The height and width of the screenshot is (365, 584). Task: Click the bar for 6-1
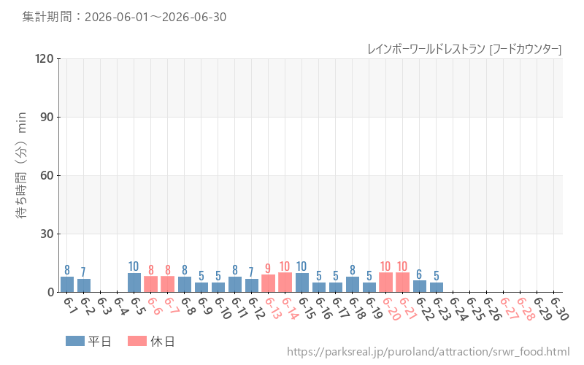[x=67, y=285]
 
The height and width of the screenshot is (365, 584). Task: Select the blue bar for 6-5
[x=134, y=283]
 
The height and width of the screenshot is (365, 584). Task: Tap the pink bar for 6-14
[x=285, y=283]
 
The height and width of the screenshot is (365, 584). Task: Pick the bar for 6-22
[x=420, y=286]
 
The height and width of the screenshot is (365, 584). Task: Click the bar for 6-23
[x=437, y=288]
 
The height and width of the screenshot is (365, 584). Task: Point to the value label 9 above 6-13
[x=268, y=268]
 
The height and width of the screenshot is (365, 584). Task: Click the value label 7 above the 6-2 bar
[x=83, y=272]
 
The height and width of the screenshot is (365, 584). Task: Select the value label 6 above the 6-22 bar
[x=419, y=274]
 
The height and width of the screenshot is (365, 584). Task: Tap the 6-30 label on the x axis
[x=560, y=308]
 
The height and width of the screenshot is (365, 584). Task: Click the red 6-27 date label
[x=509, y=308]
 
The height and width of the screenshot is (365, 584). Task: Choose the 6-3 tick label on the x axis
[x=103, y=306]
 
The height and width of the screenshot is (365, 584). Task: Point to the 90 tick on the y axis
[x=47, y=117]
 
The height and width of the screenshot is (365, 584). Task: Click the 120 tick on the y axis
[x=45, y=58]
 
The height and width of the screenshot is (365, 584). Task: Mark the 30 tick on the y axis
[x=47, y=234]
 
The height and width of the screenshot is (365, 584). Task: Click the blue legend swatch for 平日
[x=75, y=341]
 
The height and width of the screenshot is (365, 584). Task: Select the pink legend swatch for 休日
[x=137, y=341]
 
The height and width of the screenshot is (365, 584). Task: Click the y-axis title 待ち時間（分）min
[x=21, y=165]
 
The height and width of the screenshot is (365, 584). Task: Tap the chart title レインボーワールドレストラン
[x=426, y=49]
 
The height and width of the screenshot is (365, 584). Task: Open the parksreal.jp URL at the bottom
[x=429, y=352]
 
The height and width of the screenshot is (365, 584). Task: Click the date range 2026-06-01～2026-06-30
[x=155, y=17]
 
